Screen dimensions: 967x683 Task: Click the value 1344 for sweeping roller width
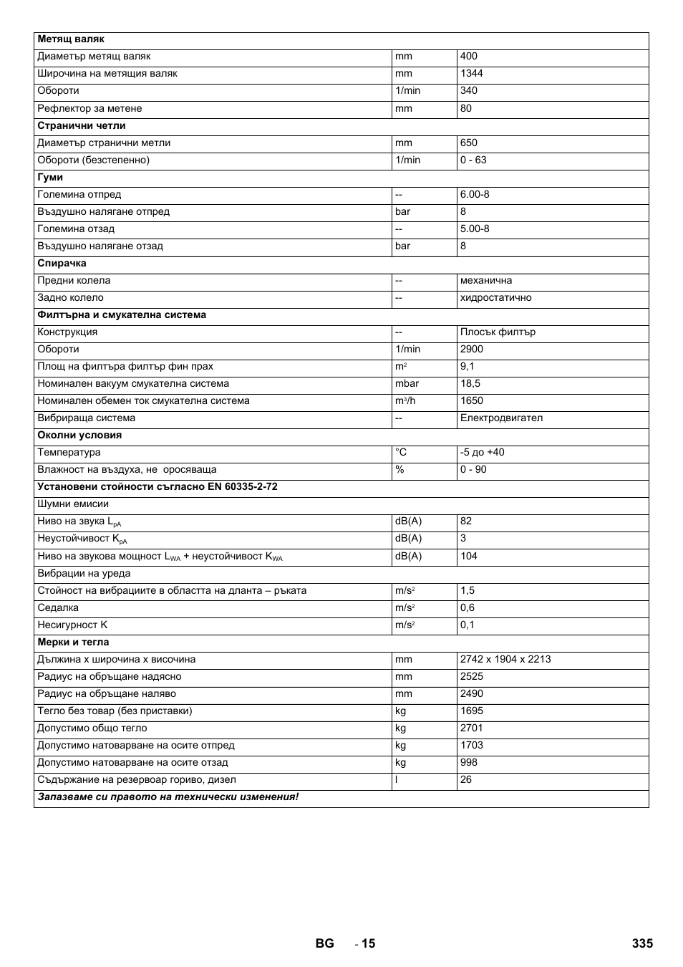pos(472,73)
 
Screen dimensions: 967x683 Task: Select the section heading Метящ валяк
pos(71,39)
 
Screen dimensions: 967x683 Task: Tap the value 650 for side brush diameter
pos(469,143)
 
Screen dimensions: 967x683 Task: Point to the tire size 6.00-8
pos(475,194)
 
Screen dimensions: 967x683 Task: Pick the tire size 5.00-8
pos(475,228)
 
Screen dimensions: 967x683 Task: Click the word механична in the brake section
pos(486,280)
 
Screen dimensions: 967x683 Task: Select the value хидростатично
pos(495,297)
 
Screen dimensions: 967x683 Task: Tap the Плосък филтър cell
pos(498,332)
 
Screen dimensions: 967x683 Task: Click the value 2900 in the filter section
pos(472,349)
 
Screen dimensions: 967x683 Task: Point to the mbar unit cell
pos(407,383)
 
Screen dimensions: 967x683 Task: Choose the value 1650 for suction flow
pos(472,400)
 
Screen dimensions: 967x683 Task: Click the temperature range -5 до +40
pos(482,452)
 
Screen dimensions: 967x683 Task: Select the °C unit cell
pos(401,452)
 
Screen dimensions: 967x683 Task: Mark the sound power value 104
pos(469,556)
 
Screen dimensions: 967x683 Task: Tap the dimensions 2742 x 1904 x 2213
pos(505,659)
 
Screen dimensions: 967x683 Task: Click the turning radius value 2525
pos(472,676)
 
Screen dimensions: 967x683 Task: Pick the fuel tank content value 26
pos(466,779)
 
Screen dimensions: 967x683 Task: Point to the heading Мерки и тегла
pos(73,642)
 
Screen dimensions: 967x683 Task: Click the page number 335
pos(642,943)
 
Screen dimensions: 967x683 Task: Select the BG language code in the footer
pos(324,943)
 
